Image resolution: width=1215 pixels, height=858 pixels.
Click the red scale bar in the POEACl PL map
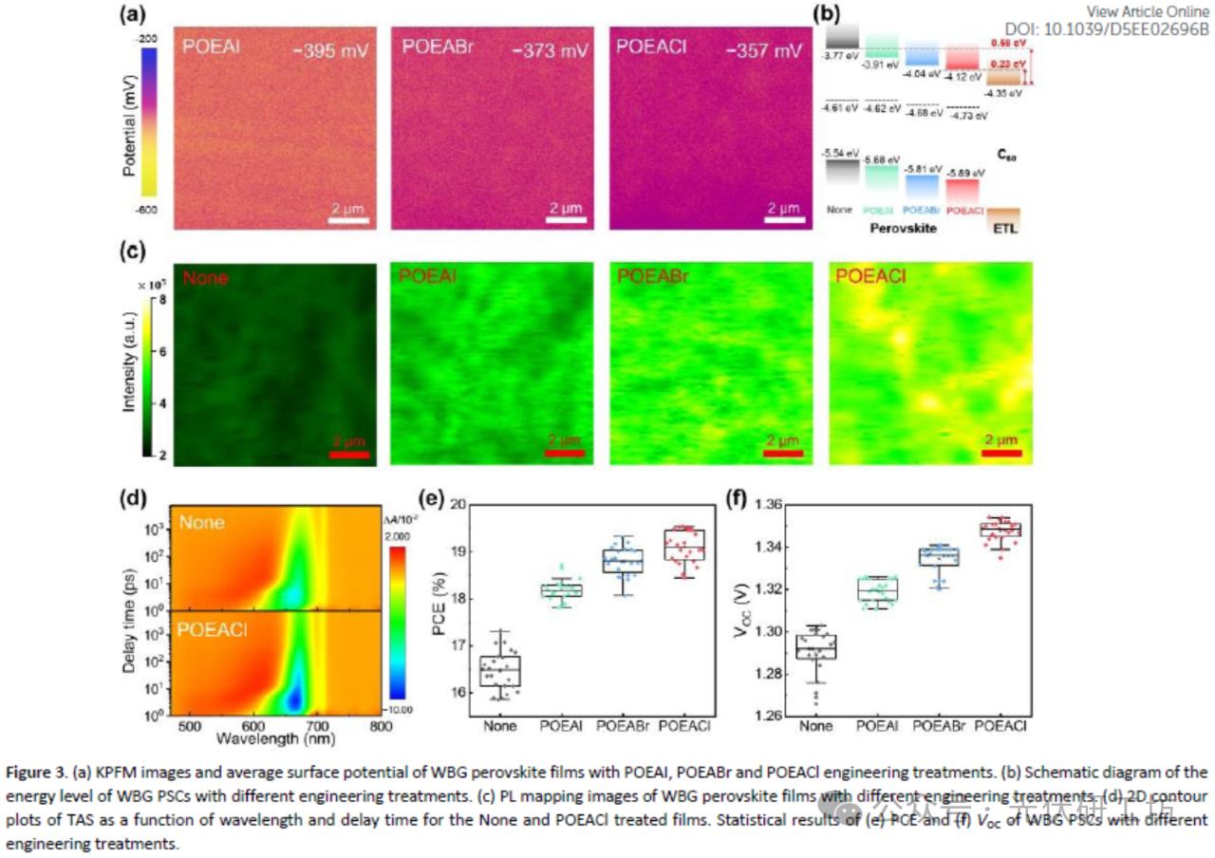point(1001,453)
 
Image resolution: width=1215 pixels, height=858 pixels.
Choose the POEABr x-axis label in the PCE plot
point(623,726)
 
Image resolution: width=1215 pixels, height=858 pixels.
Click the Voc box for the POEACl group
point(1000,530)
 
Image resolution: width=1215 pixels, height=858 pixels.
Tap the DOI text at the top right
point(1107,29)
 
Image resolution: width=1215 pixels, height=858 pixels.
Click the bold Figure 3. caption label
point(38,771)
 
